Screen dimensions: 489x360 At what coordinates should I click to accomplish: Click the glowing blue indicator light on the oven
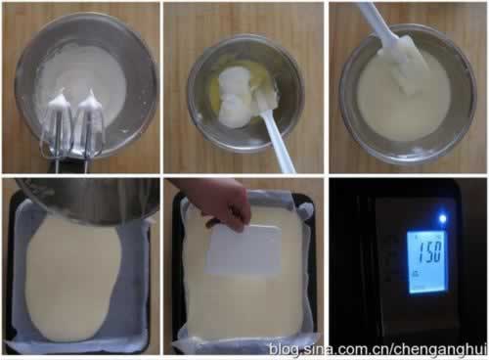(442, 218)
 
